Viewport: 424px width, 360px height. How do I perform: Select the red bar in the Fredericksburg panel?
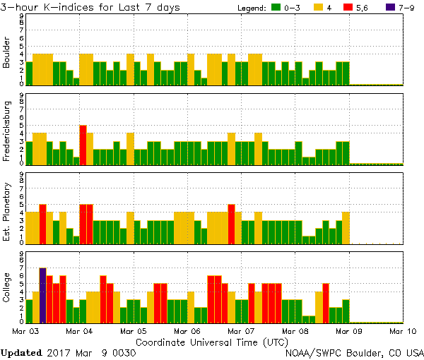(x=83, y=144)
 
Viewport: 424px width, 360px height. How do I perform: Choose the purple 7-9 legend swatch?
(x=391, y=8)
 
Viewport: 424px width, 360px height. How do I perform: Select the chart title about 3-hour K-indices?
(x=90, y=7)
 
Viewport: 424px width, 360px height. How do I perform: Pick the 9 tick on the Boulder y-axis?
(x=22, y=15)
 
